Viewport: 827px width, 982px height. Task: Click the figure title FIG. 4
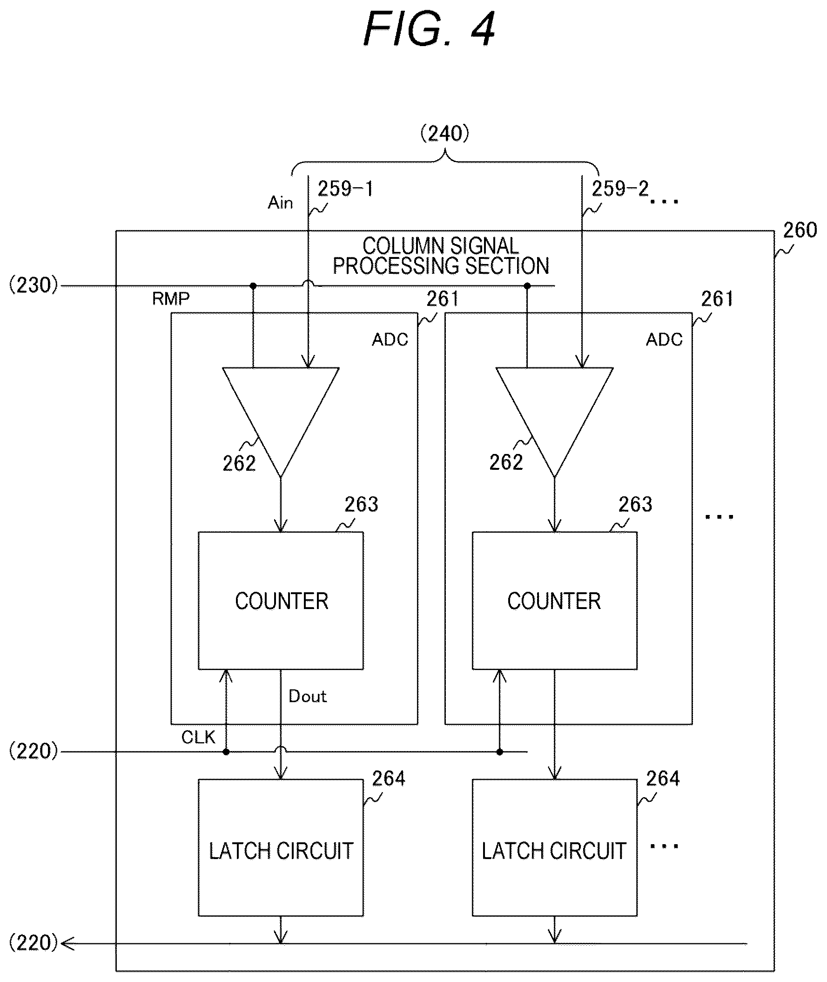pyautogui.click(x=429, y=29)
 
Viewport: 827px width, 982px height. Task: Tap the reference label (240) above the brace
pyautogui.click(x=444, y=134)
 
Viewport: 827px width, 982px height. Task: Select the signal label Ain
pyautogui.click(x=280, y=203)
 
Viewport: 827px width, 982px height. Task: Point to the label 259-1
pyautogui.click(x=345, y=189)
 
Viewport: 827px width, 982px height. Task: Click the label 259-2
pyautogui.click(x=620, y=189)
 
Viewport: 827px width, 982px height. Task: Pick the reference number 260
pyautogui.click(x=800, y=230)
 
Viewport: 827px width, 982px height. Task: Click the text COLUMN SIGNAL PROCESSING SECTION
pyautogui.click(x=441, y=256)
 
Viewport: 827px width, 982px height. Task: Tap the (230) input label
pyautogui.click(x=34, y=285)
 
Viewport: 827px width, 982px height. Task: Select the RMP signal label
pyautogui.click(x=171, y=298)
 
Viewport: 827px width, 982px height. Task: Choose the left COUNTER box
pyautogui.click(x=281, y=601)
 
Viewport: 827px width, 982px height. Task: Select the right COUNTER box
pyautogui.click(x=555, y=601)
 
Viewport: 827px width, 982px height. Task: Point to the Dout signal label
pyautogui.click(x=308, y=696)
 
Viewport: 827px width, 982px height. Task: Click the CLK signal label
pyautogui.click(x=198, y=737)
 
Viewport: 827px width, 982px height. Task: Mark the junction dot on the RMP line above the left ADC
pyautogui.click(x=253, y=285)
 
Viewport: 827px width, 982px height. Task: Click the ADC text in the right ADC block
pyautogui.click(x=664, y=339)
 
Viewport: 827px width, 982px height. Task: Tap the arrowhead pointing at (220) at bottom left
pyautogui.click(x=67, y=943)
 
